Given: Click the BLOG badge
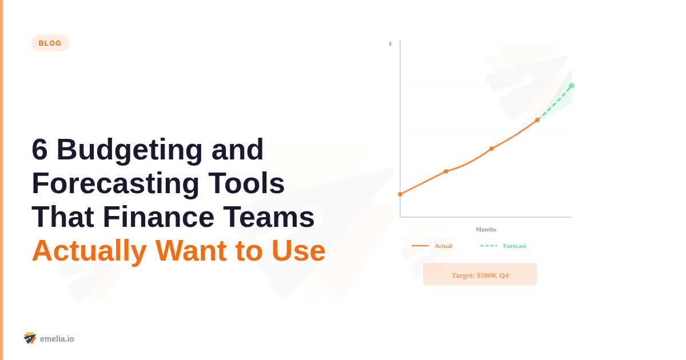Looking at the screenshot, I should (50, 43).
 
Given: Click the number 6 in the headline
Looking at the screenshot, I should (39, 150).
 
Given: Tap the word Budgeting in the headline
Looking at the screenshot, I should (129, 150).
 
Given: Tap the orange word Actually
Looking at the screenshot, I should (89, 250).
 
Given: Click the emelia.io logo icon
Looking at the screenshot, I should (30, 338).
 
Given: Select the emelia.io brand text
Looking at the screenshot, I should (57, 339).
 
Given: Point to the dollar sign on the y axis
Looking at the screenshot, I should (390, 43).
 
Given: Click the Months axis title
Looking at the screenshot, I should (486, 229).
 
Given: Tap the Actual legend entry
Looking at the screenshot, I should (432, 246).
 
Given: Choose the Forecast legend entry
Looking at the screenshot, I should (504, 246).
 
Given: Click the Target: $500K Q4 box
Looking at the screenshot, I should (480, 275).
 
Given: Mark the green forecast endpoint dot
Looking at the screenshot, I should (572, 86).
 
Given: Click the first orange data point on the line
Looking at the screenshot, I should (400, 194).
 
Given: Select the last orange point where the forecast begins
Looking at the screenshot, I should (537, 120).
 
